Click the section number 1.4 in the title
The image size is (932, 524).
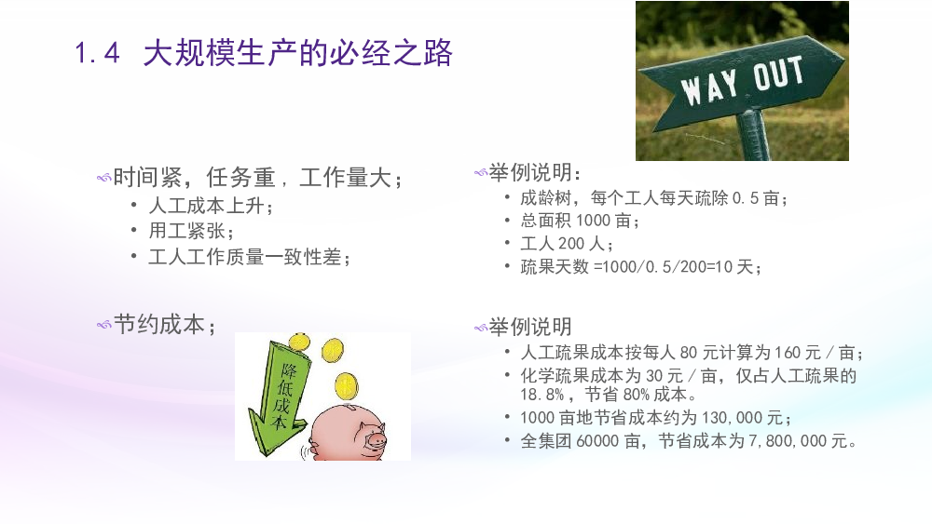click(x=98, y=53)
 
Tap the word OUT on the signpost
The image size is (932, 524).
click(x=778, y=74)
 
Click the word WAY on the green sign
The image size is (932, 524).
click(x=709, y=87)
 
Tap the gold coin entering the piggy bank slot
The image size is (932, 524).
click(x=346, y=386)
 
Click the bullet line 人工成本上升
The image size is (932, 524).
click(x=211, y=206)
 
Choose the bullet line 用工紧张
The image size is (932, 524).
click(x=191, y=231)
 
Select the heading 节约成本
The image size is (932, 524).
click(x=165, y=325)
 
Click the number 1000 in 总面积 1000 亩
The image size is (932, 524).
click(x=593, y=221)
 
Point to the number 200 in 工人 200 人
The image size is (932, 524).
click(x=571, y=243)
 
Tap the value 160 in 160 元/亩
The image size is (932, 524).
click(x=788, y=353)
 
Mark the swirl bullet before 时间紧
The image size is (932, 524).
click(x=104, y=178)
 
